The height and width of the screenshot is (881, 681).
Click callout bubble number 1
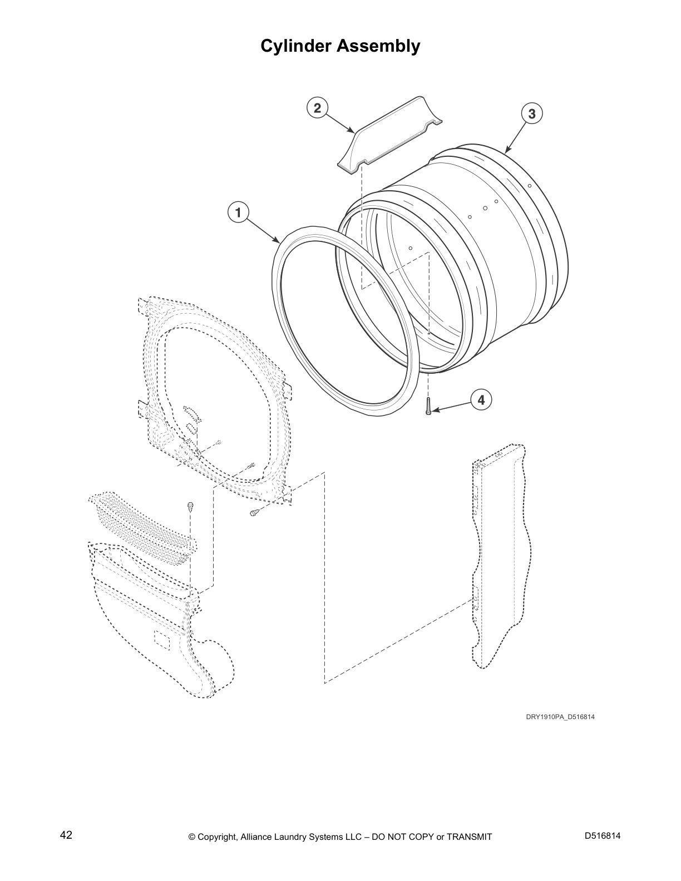tap(238, 212)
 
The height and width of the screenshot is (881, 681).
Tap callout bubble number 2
tap(317, 108)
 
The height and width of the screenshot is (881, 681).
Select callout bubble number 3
tap(532, 113)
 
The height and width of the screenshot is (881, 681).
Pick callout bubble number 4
tap(481, 399)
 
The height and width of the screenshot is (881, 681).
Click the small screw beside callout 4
tap(428, 406)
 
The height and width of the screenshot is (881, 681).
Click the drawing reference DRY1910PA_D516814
tap(560, 717)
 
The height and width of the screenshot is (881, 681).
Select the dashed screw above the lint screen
tap(190, 506)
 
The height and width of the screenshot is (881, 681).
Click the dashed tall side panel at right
tap(501, 556)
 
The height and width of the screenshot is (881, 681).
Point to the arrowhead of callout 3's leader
tap(506, 151)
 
